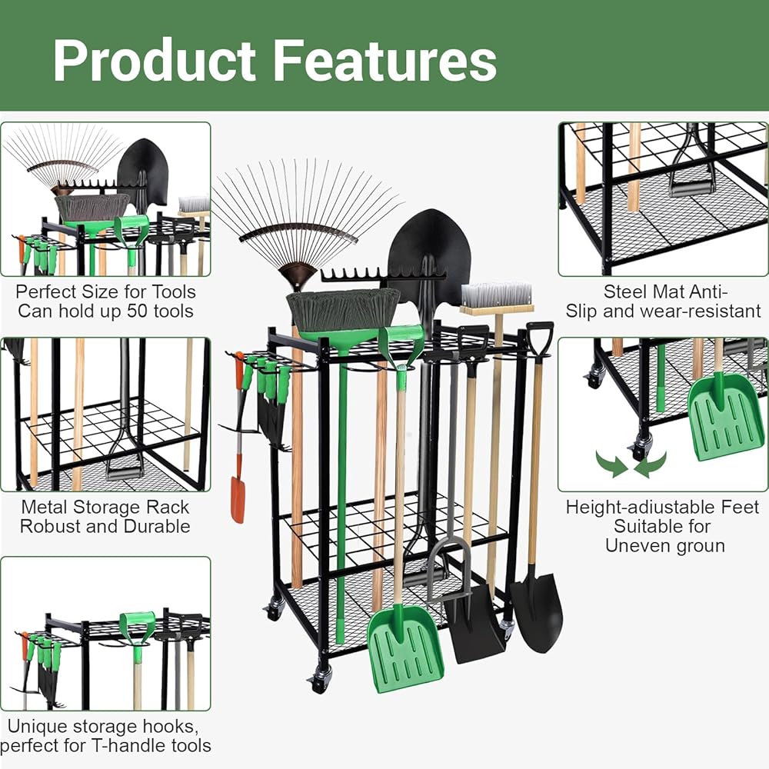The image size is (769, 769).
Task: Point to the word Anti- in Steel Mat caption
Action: [703, 291]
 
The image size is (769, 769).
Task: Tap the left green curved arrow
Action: [611, 464]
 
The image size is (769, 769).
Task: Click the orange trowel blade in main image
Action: [238, 500]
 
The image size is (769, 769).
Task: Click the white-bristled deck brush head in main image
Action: [495, 296]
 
